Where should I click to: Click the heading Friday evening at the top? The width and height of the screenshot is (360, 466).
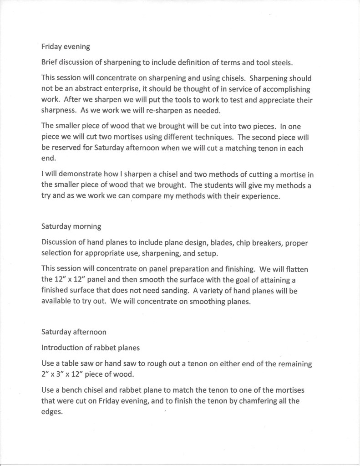point(63,46)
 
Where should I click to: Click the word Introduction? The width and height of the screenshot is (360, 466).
point(63,348)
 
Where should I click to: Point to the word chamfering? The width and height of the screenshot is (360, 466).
point(259,403)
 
